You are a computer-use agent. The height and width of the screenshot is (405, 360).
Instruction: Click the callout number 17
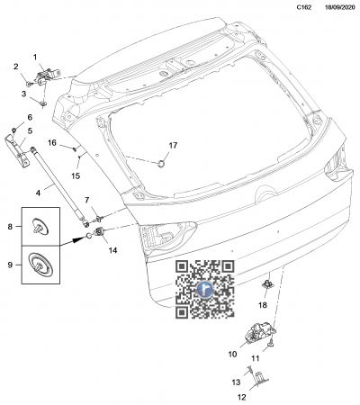tap(173, 146)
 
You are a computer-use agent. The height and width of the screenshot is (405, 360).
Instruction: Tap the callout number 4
tap(38, 193)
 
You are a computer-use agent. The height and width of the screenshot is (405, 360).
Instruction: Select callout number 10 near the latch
tap(232, 355)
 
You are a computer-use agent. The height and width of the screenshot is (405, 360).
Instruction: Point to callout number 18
tap(263, 305)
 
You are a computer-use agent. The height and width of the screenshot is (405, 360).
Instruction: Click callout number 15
tap(76, 175)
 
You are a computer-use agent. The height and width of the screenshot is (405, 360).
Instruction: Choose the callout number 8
tap(10, 227)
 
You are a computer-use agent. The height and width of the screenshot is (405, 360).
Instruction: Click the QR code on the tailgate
tap(205, 289)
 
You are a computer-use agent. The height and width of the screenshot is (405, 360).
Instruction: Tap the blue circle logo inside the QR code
tap(205, 289)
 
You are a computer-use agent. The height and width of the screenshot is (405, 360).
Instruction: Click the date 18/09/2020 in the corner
tap(340, 8)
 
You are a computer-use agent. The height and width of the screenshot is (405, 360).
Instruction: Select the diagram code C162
tap(304, 8)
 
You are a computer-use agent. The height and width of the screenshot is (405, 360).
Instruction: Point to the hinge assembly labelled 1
tap(48, 76)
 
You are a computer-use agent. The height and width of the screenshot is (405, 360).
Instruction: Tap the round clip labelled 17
tap(161, 164)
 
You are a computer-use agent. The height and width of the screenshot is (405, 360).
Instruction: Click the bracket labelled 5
tap(17, 150)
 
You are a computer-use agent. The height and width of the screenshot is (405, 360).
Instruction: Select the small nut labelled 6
tap(13, 130)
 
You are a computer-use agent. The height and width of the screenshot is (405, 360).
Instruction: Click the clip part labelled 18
tap(267, 283)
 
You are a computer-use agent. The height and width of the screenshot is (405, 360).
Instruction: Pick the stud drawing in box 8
tap(40, 227)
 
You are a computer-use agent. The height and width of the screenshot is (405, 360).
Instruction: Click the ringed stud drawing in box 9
tap(40, 265)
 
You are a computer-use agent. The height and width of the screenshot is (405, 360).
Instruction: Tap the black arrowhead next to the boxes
tap(79, 239)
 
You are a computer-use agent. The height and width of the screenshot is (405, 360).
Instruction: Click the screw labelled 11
tap(271, 343)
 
